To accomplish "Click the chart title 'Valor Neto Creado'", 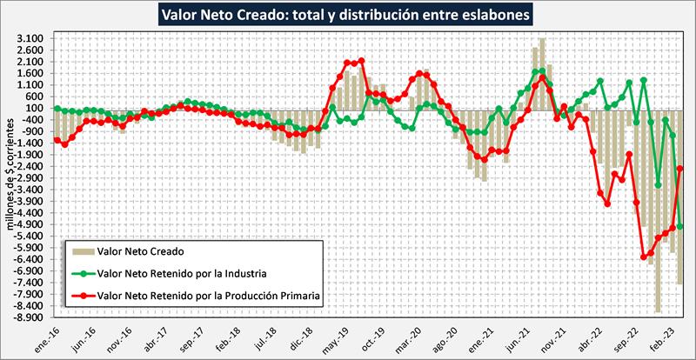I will click(x=348, y=15).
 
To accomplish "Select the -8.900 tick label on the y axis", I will click(x=30, y=317).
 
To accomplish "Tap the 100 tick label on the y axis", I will click(x=37, y=109).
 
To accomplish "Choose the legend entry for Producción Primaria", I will click(x=210, y=296).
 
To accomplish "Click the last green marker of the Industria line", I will click(x=680, y=227).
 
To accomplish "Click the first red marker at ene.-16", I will click(x=57, y=140).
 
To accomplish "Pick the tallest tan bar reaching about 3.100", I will click(x=542, y=75).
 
